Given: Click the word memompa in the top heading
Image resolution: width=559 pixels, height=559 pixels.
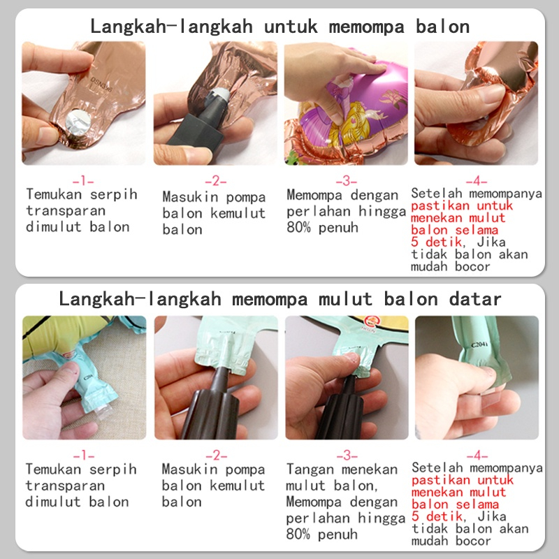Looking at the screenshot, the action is (x=367, y=27).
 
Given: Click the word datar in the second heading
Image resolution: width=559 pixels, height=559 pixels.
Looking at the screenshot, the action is (x=475, y=299).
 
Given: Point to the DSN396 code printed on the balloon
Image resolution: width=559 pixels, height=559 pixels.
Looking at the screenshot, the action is (x=101, y=85).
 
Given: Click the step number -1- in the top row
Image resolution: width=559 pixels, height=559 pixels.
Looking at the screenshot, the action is (x=83, y=181).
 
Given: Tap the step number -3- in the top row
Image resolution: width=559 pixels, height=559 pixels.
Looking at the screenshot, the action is (x=346, y=181).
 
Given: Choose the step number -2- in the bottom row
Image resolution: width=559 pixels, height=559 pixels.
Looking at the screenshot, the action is (x=216, y=456).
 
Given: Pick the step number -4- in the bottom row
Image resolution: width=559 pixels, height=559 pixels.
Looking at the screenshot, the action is (x=477, y=456).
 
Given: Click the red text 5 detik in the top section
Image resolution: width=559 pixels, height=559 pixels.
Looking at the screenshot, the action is (x=436, y=242).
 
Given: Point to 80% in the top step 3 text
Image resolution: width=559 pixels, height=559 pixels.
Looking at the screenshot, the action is (x=298, y=228).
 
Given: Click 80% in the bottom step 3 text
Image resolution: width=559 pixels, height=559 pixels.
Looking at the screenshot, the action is (x=298, y=534).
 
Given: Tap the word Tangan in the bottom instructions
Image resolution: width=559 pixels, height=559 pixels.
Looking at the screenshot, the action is (x=310, y=470).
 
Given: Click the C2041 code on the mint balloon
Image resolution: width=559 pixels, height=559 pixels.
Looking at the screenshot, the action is (x=479, y=344).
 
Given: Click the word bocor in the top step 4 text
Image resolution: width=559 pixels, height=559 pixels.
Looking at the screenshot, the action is (x=472, y=267).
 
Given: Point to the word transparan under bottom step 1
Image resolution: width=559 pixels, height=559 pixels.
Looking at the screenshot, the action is (x=65, y=486).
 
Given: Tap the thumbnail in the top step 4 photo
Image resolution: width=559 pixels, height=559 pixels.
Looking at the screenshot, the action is (x=489, y=94).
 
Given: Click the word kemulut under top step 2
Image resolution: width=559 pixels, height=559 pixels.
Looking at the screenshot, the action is (x=238, y=213).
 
